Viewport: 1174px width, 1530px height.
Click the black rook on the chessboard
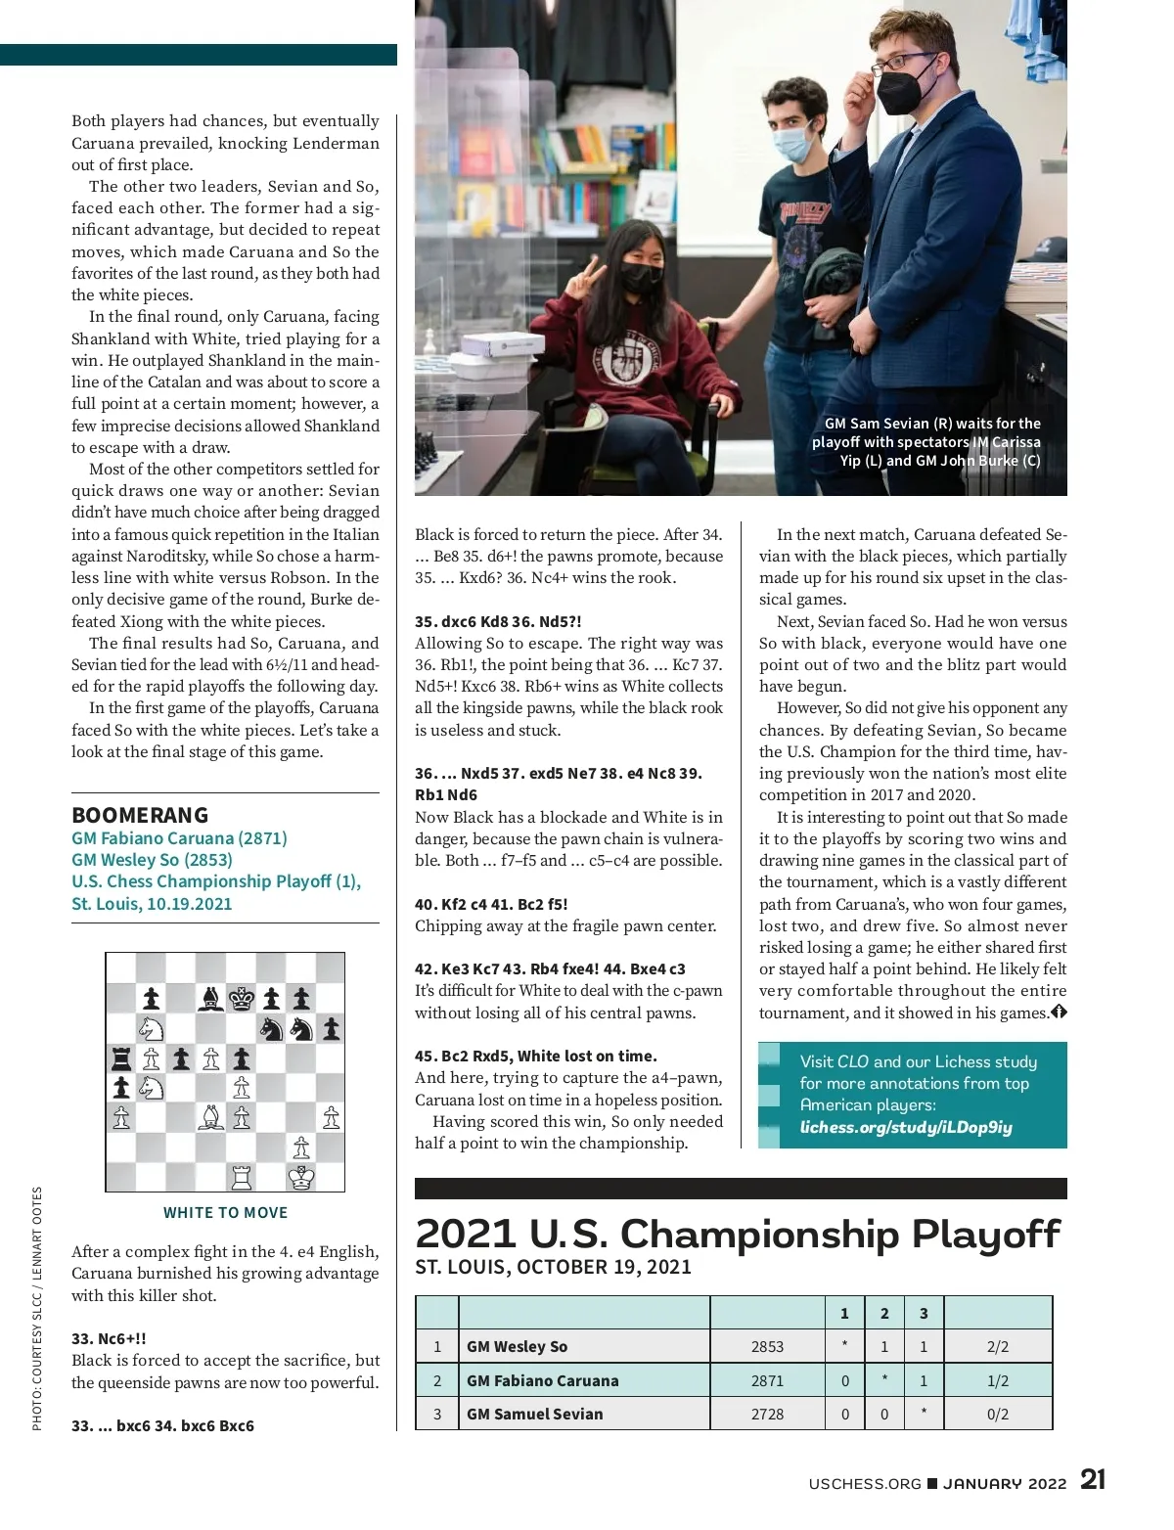click(121, 1057)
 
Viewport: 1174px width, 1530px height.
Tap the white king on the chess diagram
click(301, 1177)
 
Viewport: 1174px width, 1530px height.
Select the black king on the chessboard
click(241, 998)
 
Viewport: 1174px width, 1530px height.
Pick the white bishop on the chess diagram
click(211, 1117)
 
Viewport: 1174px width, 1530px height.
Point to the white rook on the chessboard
click(242, 1177)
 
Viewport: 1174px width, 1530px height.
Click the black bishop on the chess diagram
click(211, 998)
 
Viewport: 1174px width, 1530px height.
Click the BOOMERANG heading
click(140, 815)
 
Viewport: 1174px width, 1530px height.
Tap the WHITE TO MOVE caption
click(225, 1212)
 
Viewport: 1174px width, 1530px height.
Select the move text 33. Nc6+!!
click(109, 1338)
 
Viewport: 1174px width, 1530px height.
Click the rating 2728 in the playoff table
click(767, 1414)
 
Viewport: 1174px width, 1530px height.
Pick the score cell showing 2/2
click(997, 1346)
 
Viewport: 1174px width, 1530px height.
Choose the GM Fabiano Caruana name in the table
click(542, 1380)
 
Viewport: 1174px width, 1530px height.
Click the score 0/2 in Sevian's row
click(997, 1414)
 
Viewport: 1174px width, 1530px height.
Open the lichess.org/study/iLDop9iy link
click(906, 1127)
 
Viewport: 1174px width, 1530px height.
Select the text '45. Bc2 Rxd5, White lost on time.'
click(536, 1056)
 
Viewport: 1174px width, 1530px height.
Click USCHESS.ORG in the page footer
click(865, 1483)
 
